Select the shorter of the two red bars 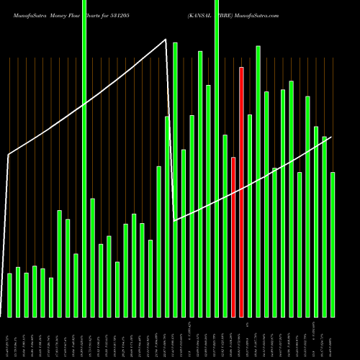(x=233, y=237)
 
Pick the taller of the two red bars (x=242, y=192)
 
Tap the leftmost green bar (x=9, y=295)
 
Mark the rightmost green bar (x=333, y=244)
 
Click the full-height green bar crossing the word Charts (x=84, y=158)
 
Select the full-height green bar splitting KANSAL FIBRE (x=217, y=158)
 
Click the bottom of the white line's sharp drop (x=176, y=220)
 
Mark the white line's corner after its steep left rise (x=9, y=154)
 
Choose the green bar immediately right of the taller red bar (x=250, y=215)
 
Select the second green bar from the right (x=324, y=226)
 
